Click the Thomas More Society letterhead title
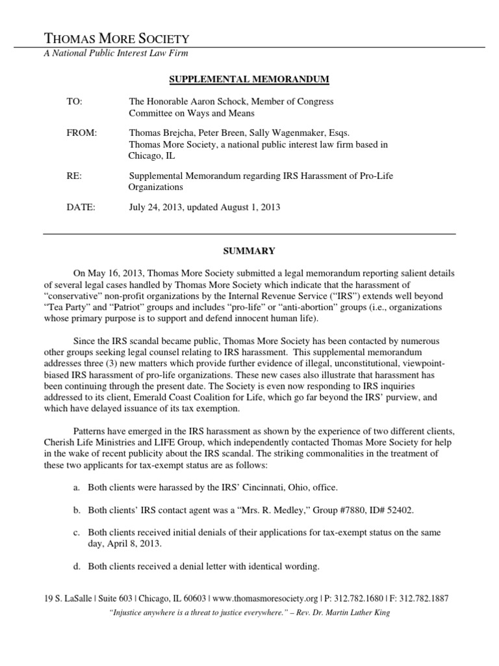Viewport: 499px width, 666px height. [x=116, y=38]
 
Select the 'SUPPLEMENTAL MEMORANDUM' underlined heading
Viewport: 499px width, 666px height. [x=249, y=79]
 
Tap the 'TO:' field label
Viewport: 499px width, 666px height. [x=75, y=102]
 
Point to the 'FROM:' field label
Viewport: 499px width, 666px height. [x=81, y=133]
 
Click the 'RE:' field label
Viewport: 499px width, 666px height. [x=74, y=176]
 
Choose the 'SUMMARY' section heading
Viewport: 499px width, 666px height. [x=249, y=250]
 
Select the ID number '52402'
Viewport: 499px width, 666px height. [x=397, y=511]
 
